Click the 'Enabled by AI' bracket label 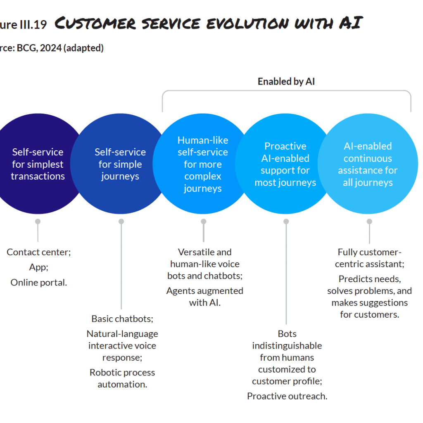coord(286,81)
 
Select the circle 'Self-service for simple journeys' coord(120,164)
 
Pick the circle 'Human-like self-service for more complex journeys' coord(203,164)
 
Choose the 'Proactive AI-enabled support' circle coord(285,164)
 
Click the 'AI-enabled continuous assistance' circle coord(368,164)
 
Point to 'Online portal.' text coord(38,283)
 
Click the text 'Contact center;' coord(38,252)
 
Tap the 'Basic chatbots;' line coord(122,318)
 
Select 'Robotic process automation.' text coord(122,378)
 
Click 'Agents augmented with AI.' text coord(205,296)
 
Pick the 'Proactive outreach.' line coord(287,396)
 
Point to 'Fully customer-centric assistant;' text coord(370,258)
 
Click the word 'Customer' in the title coord(95,24)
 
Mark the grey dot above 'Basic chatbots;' coord(121,221)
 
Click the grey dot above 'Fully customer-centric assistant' coord(369,221)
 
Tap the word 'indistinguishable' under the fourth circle coord(287,345)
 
